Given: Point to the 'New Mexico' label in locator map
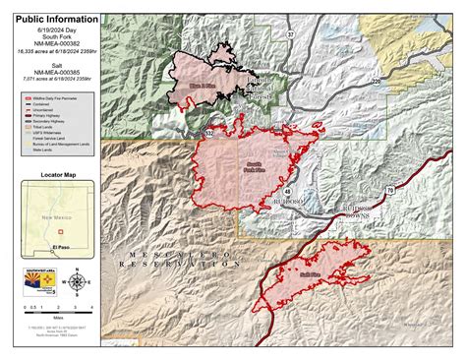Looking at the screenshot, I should click(x=54, y=214).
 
